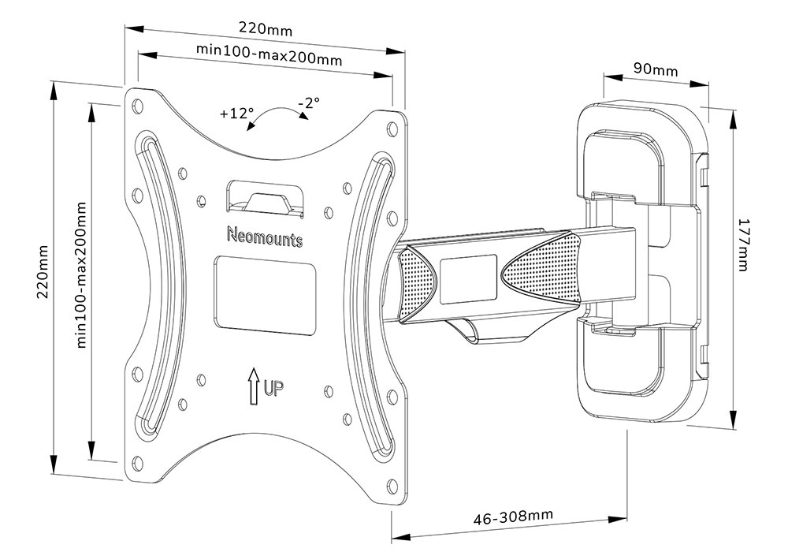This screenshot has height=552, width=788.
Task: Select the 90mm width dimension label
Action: tap(655, 69)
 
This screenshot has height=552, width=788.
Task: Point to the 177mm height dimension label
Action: tap(742, 245)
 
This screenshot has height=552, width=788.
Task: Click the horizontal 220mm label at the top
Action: tap(265, 30)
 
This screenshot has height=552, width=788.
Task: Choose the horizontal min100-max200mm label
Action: tap(264, 53)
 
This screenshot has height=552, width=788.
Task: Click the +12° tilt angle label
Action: tap(236, 114)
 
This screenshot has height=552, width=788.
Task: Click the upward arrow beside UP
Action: tap(254, 386)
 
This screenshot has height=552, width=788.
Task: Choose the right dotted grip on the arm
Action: tap(540, 271)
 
